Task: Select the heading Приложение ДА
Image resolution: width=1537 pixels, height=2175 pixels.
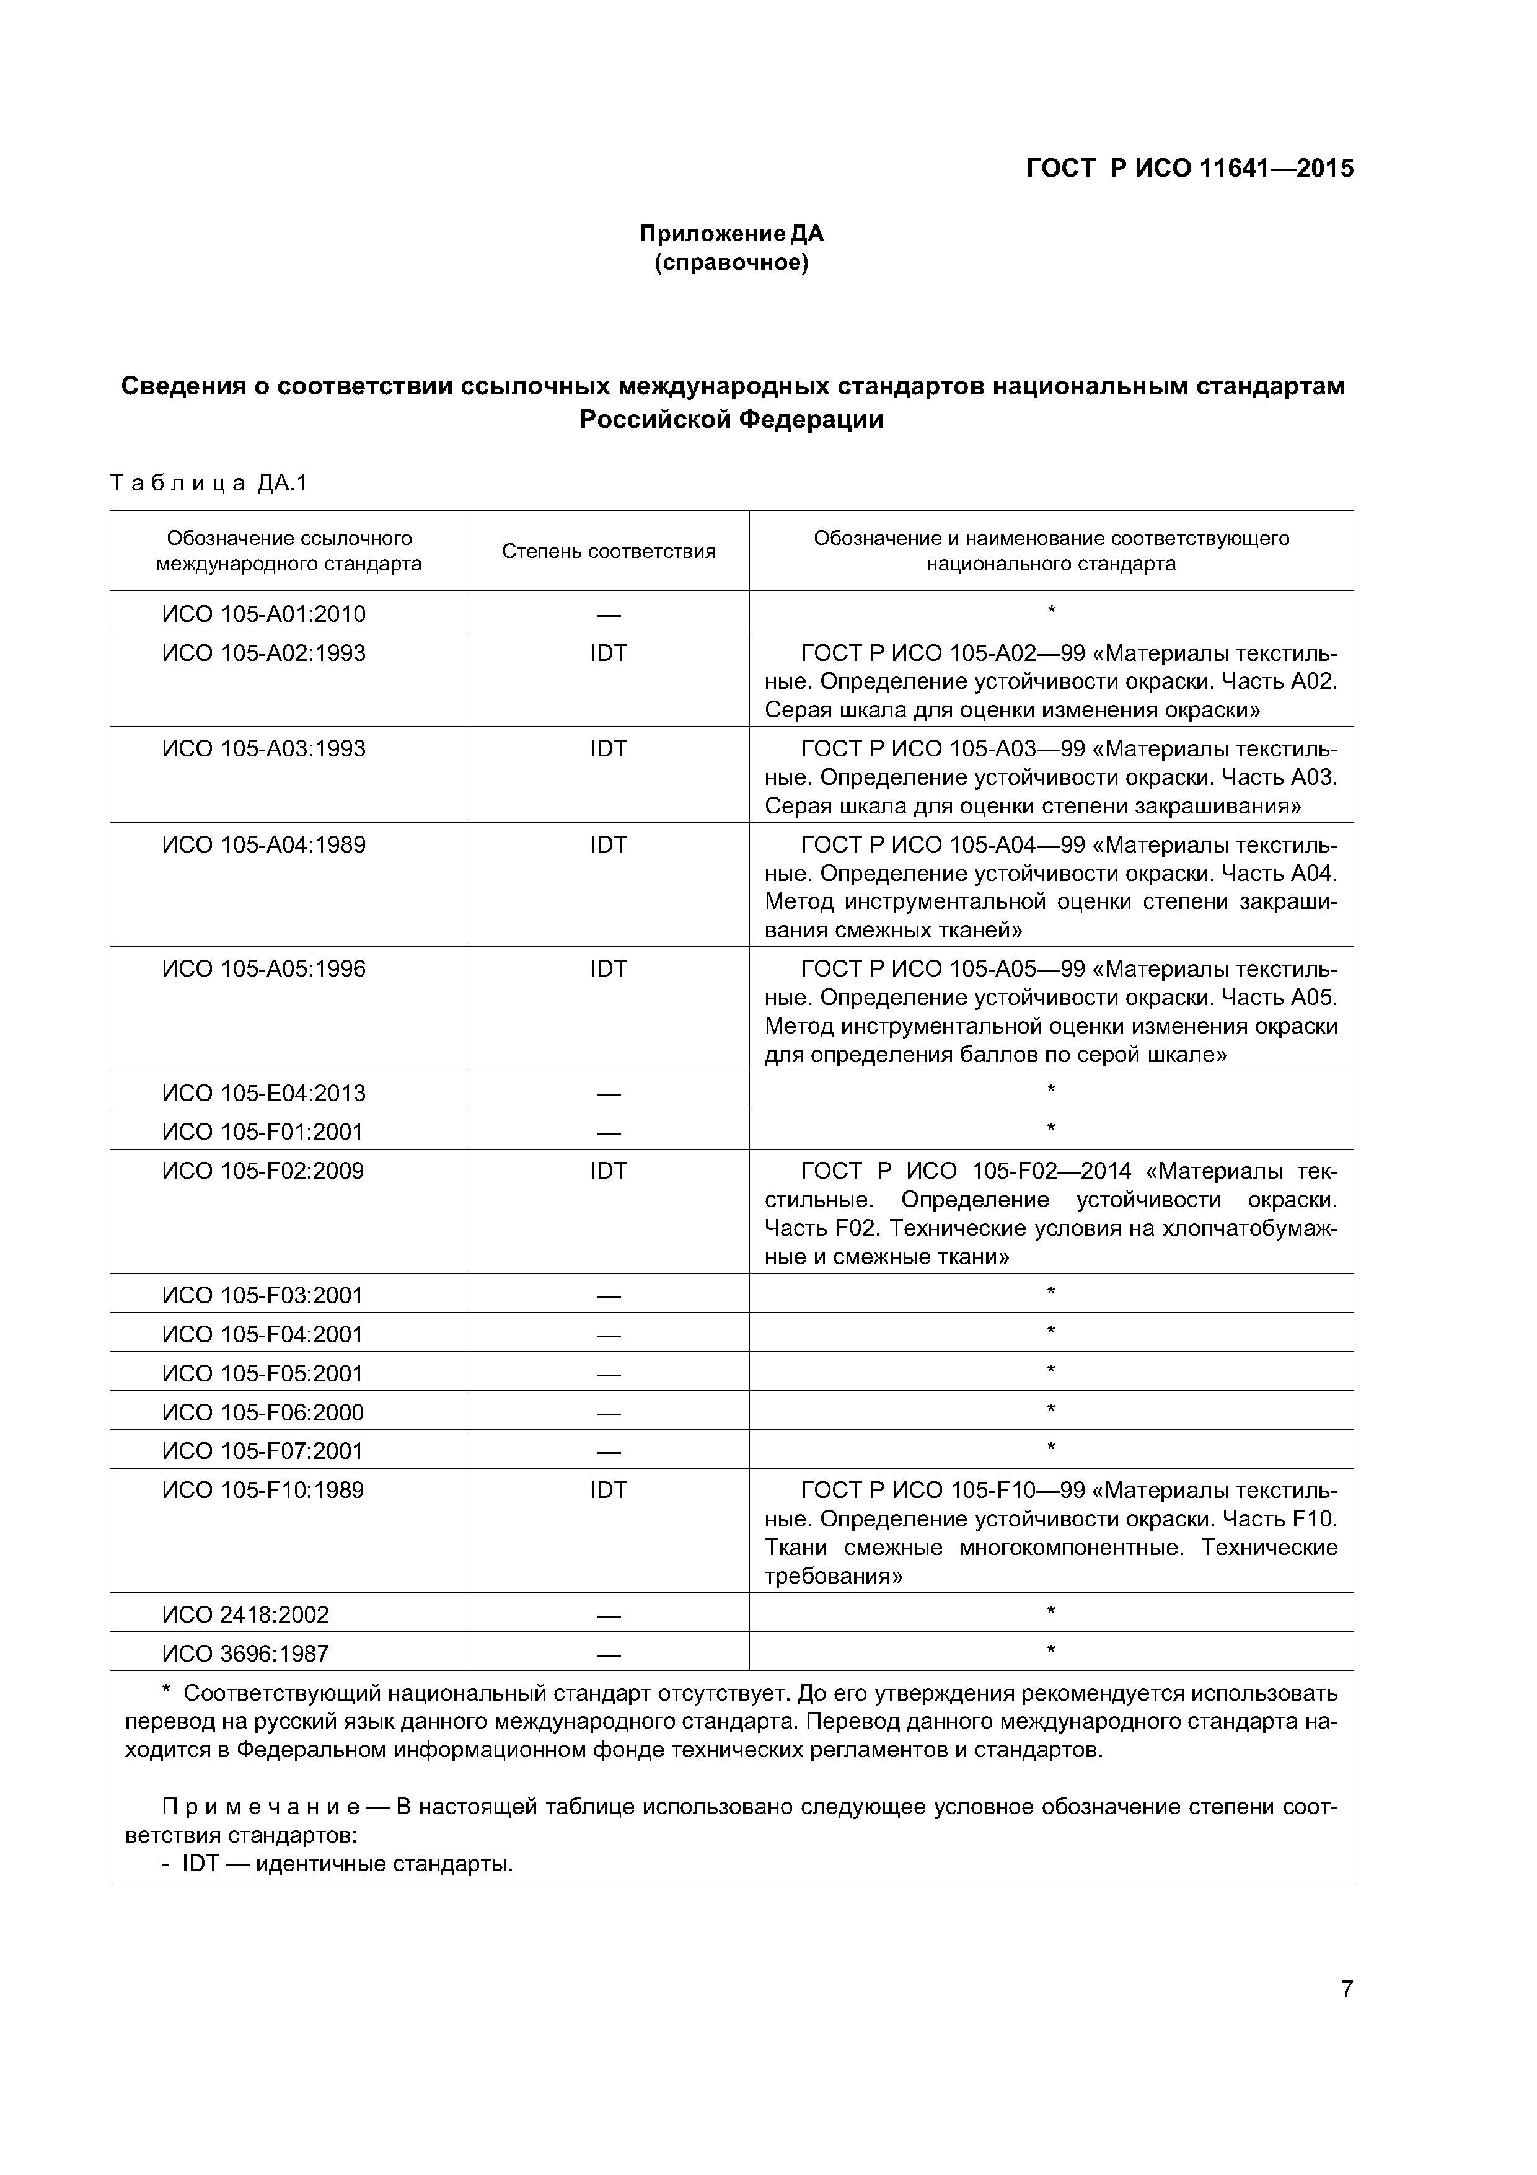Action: coord(731,233)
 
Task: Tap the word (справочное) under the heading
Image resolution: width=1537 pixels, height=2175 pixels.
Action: coord(731,262)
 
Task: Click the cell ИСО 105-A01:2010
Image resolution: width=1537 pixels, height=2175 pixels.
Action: coord(263,614)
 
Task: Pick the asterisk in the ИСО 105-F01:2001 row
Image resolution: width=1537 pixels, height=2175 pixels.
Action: coord(1050,1129)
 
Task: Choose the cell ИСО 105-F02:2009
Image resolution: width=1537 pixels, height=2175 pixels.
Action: coord(263,1171)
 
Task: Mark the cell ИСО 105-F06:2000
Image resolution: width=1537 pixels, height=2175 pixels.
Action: coord(263,1412)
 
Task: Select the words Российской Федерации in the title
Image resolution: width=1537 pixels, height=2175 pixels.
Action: coord(731,420)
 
